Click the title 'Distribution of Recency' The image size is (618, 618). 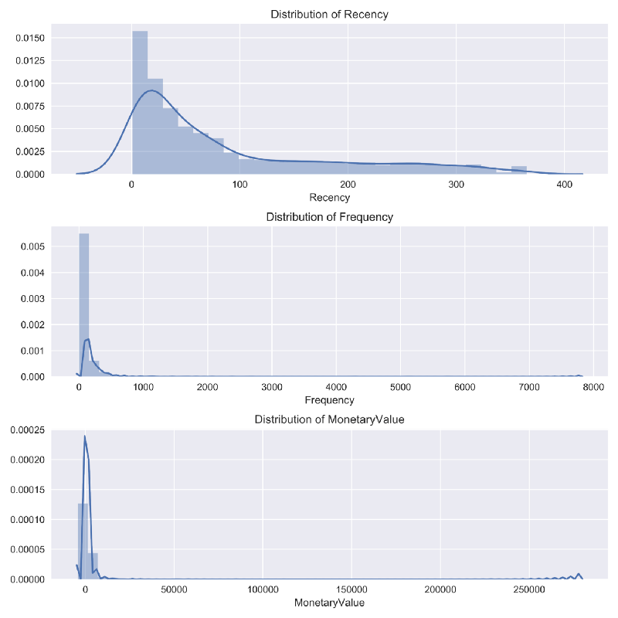click(x=329, y=15)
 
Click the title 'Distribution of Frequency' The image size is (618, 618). click(x=329, y=217)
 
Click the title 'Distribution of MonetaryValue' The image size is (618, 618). click(x=329, y=419)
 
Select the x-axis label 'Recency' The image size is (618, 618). click(x=329, y=198)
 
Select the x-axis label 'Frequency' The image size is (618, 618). click(x=329, y=400)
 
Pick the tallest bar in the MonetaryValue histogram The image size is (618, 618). click(x=83, y=541)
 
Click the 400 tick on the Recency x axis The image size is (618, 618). click(x=564, y=185)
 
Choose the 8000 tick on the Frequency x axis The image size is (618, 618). click(x=593, y=388)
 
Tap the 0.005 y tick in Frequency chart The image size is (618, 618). click(x=32, y=246)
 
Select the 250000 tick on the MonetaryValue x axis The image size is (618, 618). click(x=529, y=590)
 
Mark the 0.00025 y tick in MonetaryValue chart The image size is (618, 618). click(x=25, y=431)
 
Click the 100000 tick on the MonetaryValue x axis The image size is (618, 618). click(x=263, y=590)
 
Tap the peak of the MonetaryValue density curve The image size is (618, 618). click(x=85, y=436)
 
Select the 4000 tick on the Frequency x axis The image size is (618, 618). click(x=335, y=388)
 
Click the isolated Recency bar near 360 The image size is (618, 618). click(x=518, y=170)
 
